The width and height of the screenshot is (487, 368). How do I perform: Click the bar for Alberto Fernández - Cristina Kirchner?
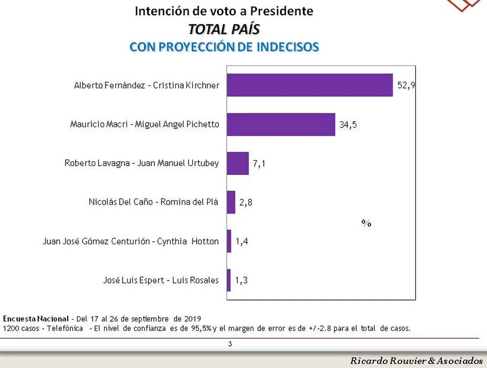[310, 85]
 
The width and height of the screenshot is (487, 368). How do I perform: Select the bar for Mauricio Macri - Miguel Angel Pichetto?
[281, 124]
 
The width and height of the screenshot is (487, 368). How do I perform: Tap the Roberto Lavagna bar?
[238, 163]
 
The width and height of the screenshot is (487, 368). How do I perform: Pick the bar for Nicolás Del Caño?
[231, 202]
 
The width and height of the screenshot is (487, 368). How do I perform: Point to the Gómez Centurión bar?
[229, 241]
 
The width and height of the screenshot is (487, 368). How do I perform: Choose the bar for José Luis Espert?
[229, 280]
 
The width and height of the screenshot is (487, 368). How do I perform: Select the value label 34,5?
[348, 125]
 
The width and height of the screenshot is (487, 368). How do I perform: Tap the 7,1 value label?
[259, 164]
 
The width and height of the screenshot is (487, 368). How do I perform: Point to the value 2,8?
[246, 202]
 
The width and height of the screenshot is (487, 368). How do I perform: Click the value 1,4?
[242, 241]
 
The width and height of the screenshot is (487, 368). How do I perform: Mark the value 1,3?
[241, 280]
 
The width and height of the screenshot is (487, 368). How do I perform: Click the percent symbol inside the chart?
[366, 223]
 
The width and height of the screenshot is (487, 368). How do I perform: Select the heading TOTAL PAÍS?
[224, 29]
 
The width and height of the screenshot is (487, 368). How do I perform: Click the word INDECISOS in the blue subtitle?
[288, 47]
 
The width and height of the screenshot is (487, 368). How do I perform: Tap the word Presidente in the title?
[282, 11]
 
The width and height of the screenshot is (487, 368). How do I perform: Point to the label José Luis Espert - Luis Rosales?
[161, 280]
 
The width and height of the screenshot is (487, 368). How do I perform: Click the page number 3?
[230, 344]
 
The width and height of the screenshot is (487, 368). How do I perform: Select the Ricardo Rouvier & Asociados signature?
[417, 361]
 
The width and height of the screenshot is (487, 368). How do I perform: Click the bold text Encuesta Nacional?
[36, 319]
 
